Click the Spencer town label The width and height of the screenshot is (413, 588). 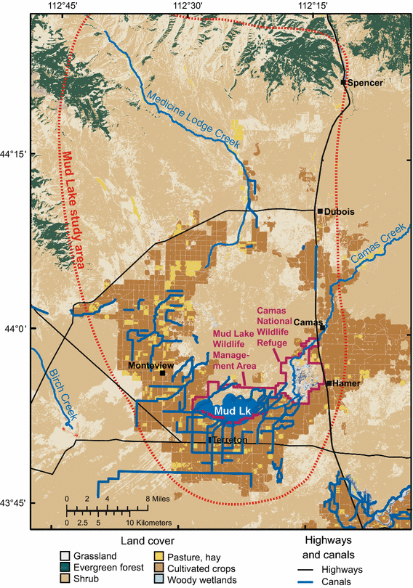click(365, 82)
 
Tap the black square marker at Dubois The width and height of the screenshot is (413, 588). click(319, 211)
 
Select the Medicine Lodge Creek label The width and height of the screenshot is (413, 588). click(193, 116)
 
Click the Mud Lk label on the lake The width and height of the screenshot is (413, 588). click(232, 412)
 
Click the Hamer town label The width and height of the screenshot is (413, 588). click(346, 383)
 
